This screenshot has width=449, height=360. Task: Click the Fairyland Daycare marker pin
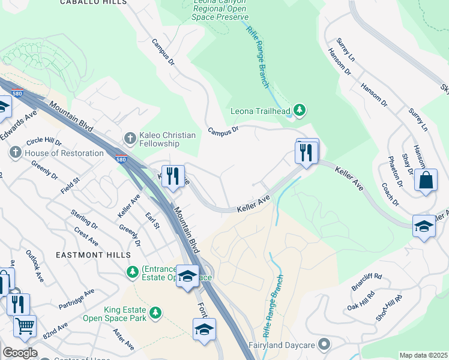(x=325, y=344)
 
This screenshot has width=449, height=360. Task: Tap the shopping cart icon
(x=25, y=326)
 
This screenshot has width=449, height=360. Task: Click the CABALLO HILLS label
(x=94, y=2)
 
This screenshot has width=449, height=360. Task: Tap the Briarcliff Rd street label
(x=367, y=280)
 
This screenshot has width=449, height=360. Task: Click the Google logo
(x=20, y=353)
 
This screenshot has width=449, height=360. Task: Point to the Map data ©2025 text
(x=423, y=355)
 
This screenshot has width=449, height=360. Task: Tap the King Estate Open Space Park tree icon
(x=155, y=313)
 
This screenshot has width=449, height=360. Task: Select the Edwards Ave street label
(x=19, y=125)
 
